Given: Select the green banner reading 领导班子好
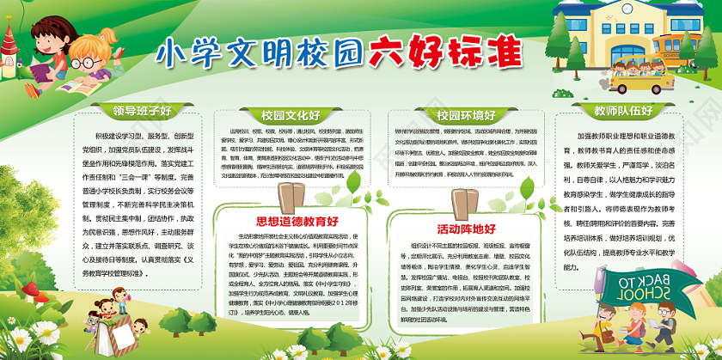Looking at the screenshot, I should click(x=143, y=110).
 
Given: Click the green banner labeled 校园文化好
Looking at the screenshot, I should click(x=291, y=114).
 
